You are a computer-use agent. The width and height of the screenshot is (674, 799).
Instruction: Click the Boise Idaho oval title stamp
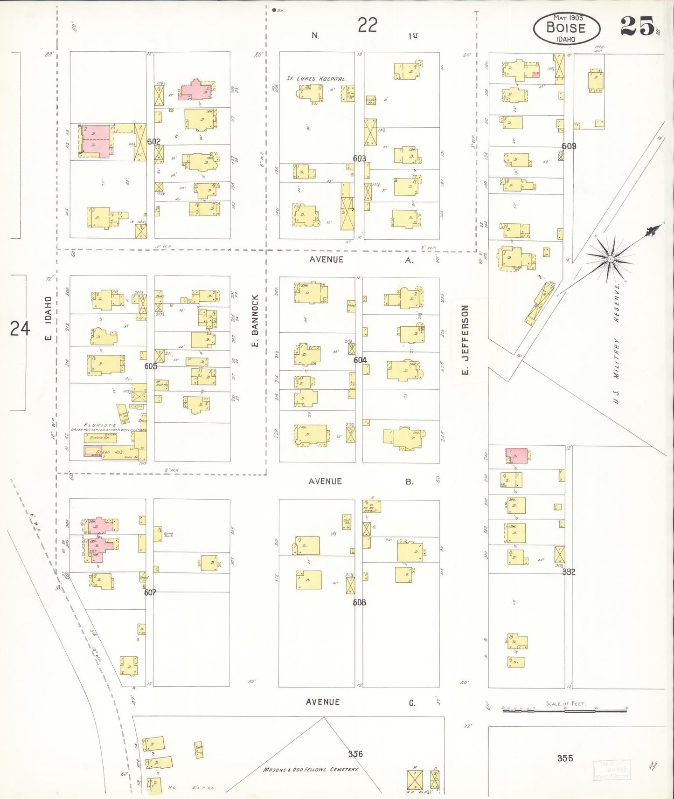(566, 28)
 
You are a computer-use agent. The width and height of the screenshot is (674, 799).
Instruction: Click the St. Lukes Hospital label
(316, 79)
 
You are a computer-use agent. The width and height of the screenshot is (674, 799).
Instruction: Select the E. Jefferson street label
(465, 340)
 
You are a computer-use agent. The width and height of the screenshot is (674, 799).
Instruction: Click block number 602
(153, 142)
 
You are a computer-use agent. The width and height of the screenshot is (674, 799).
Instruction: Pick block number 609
(569, 146)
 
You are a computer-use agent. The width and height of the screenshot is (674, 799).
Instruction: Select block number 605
(151, 366)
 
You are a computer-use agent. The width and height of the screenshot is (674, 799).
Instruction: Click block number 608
(359, 602)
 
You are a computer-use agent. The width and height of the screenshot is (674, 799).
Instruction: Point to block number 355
(565, 758)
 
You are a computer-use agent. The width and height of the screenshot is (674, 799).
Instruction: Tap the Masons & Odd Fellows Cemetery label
(311, 769)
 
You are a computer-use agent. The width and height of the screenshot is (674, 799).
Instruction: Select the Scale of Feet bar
(564, 710)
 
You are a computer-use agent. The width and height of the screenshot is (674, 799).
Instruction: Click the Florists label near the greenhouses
(93, 425)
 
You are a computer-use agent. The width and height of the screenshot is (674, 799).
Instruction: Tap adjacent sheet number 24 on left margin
(20, 329)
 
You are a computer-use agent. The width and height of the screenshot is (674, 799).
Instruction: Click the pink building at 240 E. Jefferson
(517, 456)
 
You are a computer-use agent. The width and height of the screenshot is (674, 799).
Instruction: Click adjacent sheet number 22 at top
(367, 25)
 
